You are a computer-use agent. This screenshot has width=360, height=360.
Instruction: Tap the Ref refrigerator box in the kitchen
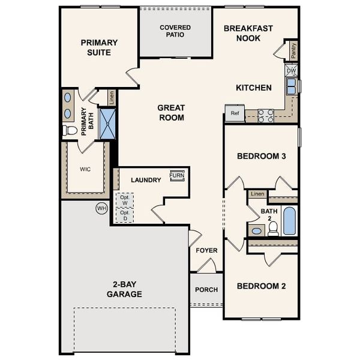(x=234, y=113)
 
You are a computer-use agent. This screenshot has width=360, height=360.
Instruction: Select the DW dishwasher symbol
(x=291, y=71)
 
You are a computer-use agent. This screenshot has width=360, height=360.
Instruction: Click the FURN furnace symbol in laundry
(x=176, y=175)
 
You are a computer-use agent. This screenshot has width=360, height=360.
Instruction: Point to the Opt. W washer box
(x=125, y=200)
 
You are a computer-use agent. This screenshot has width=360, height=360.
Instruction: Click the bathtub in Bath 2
(x=289, y=221)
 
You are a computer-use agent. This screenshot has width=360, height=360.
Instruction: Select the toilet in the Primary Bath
(x=70, y=130)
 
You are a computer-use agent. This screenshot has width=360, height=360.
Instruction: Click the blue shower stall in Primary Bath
(x=107, y=123)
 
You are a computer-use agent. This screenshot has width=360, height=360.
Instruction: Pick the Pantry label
(x=293, y=51)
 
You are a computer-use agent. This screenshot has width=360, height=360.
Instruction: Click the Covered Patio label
(x=175, y=31)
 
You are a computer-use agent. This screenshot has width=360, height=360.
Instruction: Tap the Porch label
(x=206, y=290)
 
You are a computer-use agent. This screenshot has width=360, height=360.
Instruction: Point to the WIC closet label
(x=85, y=169)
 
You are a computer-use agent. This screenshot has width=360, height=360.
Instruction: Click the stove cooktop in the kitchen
(x=266, y=115)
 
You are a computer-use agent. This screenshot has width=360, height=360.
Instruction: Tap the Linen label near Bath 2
(x=257, y=194)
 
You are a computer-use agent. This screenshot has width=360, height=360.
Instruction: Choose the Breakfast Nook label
(x=248, y=34)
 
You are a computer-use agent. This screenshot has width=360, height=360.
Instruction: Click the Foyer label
(x=206, y=250)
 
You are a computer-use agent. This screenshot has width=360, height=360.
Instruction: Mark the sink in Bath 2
(x=256, y=230)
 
